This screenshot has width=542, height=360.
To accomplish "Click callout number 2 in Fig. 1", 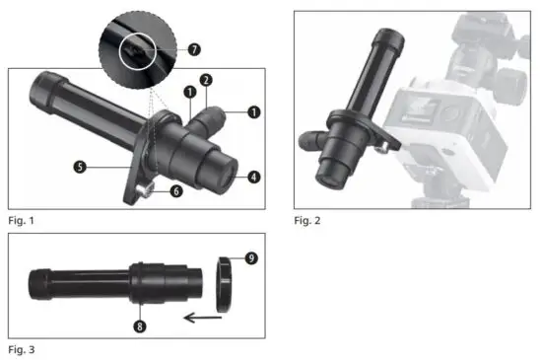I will pyautogui.click(x=205, y=79).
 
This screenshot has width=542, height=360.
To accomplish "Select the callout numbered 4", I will pyautogui.click(x=254, y=178).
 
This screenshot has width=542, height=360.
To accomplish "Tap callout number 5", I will pyautogui.click(x=79, y=168).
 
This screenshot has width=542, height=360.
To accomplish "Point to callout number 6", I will pyautogui.click(x=176, y=191).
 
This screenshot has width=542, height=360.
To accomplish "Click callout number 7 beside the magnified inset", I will pyautogui.click(x=194, y=48).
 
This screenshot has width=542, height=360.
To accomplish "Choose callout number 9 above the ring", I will pyautogui.click(x=252, y=259).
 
